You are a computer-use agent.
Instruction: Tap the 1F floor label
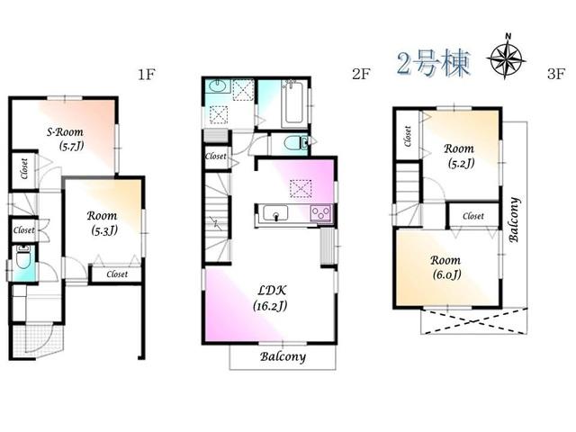147,75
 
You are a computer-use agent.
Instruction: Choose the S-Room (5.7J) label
65,138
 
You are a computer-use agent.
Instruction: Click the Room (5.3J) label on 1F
103,222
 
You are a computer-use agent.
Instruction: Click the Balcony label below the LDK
283,356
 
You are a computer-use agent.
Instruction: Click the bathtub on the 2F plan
292,106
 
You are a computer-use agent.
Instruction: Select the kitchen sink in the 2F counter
274,213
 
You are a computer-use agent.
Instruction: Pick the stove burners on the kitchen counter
320,213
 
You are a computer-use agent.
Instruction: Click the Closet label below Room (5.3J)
117,274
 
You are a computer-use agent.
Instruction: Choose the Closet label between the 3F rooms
473,217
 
